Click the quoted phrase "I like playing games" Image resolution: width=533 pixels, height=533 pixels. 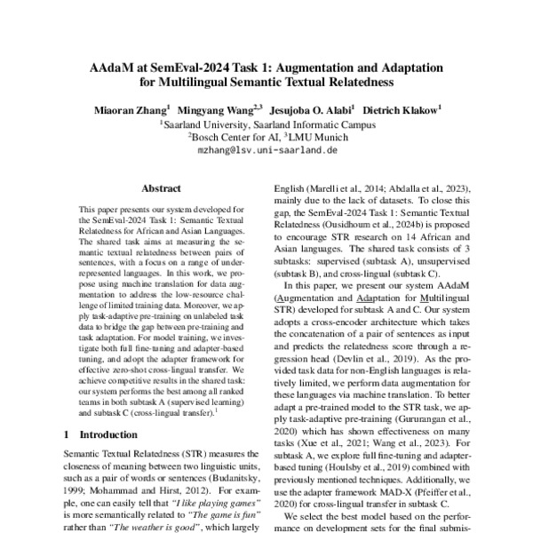(202, 501)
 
